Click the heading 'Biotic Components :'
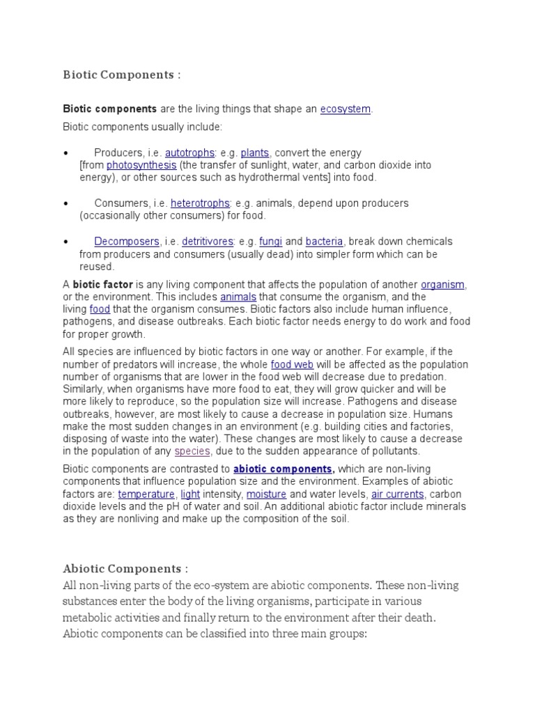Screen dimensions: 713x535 (122, 75)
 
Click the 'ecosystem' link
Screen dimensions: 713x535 (345, 109)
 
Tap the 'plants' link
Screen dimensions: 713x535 (255, 152)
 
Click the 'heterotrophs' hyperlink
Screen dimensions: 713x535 (200, 203)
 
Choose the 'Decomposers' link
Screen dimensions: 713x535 (127, 242)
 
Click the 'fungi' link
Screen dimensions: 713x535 (270, 242)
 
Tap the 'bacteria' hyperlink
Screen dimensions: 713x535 (324, 242)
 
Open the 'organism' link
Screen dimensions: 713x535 (443, 284)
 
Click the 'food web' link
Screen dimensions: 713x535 (292, 364)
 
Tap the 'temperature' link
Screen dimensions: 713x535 (146, 494)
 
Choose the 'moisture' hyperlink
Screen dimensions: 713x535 (247, 494)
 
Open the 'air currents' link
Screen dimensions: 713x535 (397, 494)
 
